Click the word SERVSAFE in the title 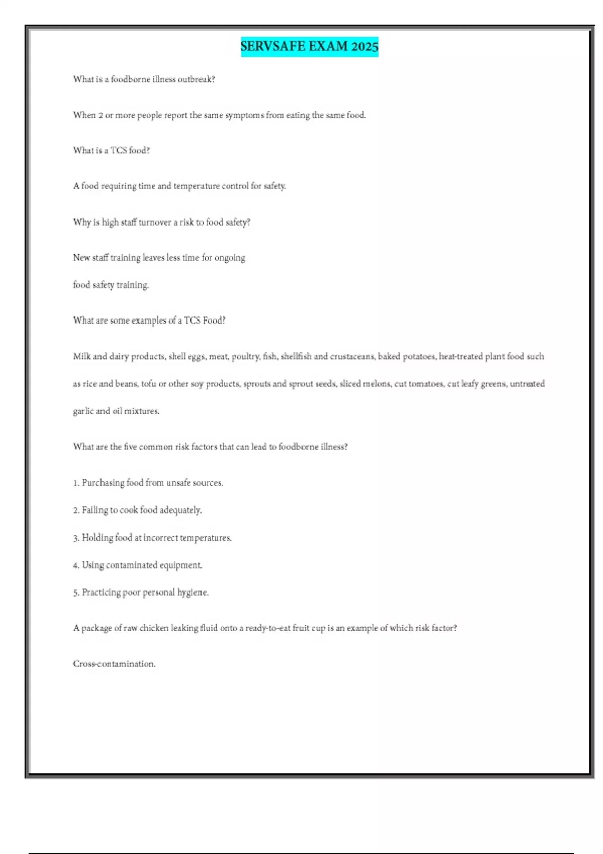273,46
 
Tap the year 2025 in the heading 365,46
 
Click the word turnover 155,222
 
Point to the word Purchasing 103,483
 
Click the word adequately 181,510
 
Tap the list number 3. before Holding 76,538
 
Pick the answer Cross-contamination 115,664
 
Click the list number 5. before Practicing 76,593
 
